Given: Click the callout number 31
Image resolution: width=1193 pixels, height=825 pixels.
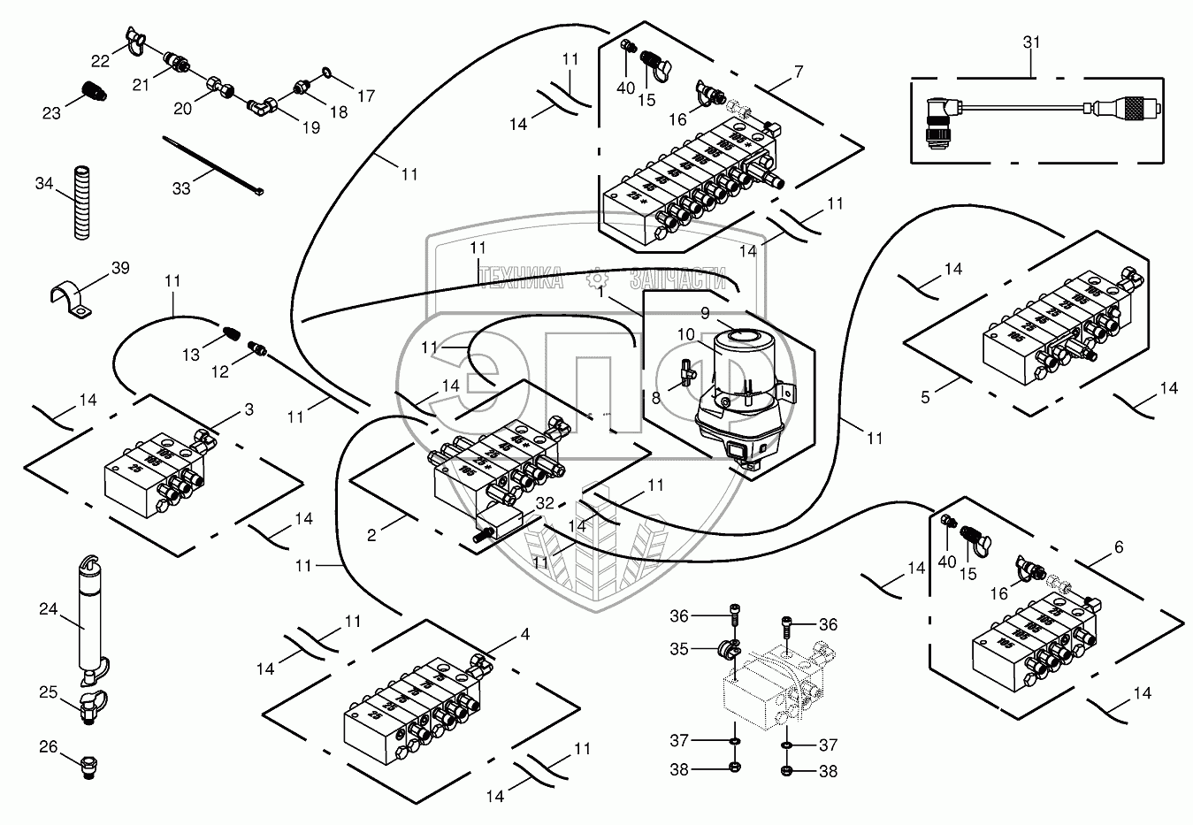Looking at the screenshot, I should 1031,42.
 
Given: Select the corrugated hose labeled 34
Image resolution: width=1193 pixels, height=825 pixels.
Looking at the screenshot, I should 81,202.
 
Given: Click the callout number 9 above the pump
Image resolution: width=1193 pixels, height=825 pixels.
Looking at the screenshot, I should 705,312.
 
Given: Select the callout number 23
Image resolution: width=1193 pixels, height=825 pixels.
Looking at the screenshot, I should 52,112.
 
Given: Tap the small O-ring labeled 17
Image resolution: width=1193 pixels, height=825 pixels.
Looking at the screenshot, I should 327,72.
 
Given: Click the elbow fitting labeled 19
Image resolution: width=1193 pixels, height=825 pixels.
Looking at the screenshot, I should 263,107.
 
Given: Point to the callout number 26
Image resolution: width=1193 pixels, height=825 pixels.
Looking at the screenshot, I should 49,747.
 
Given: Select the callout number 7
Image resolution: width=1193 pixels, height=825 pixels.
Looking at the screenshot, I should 799,70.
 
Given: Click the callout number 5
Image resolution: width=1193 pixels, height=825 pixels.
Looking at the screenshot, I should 926,397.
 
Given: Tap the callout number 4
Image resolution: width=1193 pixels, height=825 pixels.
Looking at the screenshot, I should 525,634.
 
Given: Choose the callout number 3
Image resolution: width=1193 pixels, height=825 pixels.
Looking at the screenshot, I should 249,409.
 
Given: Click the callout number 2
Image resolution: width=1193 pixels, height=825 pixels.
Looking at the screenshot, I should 372,534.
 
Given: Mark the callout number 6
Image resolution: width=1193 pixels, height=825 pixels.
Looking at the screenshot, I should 1119,547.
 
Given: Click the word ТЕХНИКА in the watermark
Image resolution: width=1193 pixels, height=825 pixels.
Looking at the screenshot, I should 521,280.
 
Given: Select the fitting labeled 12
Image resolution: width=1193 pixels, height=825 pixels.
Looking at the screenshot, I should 258,349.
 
